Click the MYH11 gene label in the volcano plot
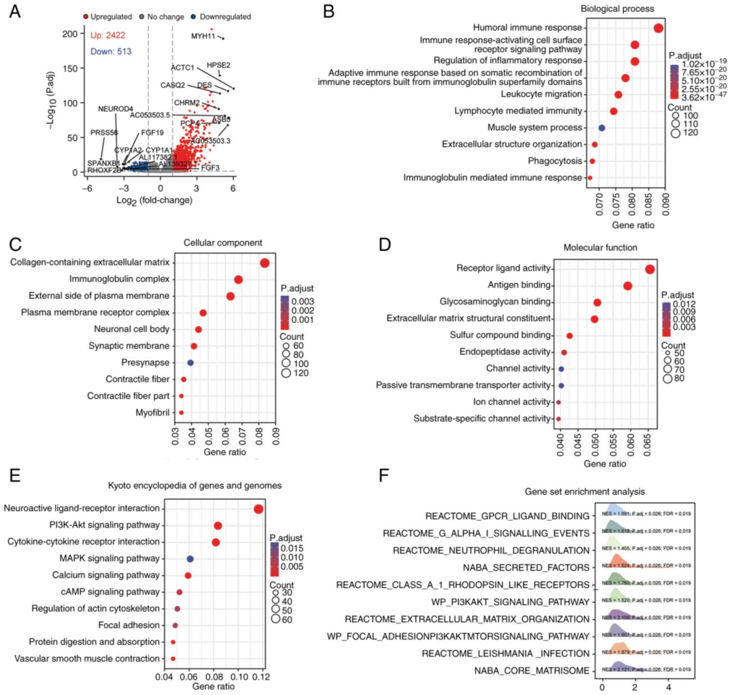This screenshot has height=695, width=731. (x=203, y=36)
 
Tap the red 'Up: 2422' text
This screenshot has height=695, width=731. (x=108, y=35)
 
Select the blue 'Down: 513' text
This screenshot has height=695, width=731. (x=111, y=51)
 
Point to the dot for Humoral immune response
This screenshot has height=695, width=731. (x=658, y=28)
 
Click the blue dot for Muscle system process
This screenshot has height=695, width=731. (x=601, y=128)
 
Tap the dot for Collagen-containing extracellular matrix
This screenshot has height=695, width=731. (x=265, y=263)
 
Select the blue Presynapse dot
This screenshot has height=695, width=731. (x=190, y=363)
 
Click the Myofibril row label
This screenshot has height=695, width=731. (x=153, y=412)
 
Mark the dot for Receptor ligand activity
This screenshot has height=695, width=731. (x=650, y=269)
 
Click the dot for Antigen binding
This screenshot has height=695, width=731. (x=627, y=286)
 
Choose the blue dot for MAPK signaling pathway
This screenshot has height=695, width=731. (x=190, y=559)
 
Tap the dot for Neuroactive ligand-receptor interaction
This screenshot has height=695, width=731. (x=258, y=509)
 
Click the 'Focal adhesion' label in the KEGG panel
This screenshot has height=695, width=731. (x=129, y=625)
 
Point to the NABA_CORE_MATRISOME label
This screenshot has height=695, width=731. (x=531, y=671)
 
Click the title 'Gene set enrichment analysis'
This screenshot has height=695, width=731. (x=585, y=492)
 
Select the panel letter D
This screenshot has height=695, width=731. (x=385, y=245)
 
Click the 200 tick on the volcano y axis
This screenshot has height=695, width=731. (x=70, y=34)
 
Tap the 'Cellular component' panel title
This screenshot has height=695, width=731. (x=222, y=243)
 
